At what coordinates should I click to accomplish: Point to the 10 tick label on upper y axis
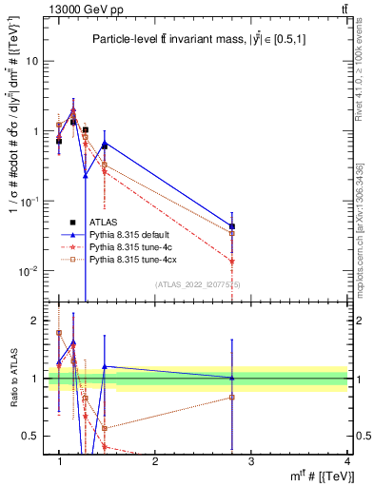point(30,61)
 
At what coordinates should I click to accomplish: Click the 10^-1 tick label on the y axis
point(29,202)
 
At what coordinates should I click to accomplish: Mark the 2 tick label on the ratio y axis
point(34,321)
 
